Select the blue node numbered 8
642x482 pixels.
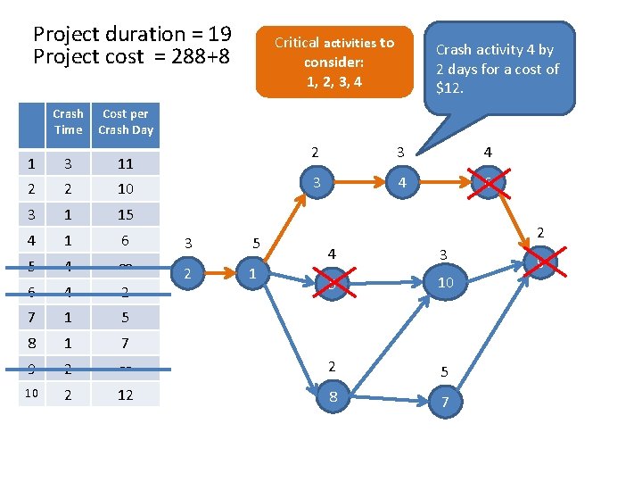(x=333, y=396)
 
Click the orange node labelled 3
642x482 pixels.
(x=315, y=184)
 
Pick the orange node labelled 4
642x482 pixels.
(x=403, y=184)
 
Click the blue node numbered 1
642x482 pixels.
(x=254, y=273)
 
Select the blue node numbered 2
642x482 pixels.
(x=186, y=273)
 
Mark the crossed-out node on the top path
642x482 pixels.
(x=488, y=184)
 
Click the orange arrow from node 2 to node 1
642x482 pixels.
(x=220, y=273)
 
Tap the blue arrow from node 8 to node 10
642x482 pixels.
(x=389, y=339)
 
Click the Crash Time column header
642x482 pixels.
(x=68, y=122)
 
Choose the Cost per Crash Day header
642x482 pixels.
(x=126, y=122)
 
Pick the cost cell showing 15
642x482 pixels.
(x=126, y=214)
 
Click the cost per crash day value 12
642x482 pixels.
(x=126, y=395)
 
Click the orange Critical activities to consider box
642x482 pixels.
(x=334, y=62)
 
